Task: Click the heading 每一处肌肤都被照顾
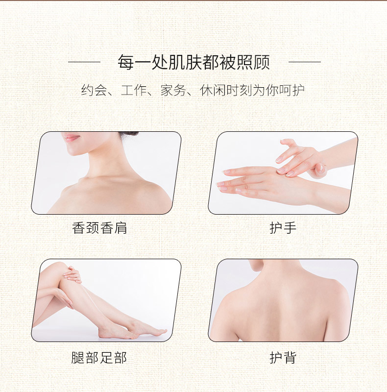pos(194,62)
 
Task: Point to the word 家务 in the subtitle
pos(173,90)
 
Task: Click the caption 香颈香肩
pos(99,228)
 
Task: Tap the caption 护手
pos(283,228)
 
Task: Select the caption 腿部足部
pos(99,358)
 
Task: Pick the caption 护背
pos(283,358)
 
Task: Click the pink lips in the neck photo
pos(71,138)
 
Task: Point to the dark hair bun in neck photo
pos(129,134)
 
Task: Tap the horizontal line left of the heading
pos(84,62)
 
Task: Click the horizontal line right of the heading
pos(305,62)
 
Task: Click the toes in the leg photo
pos(160,332)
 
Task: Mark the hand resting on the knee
pos(73,274)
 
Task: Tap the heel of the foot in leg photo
pos(103,334)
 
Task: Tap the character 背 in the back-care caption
pos(290,358)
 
